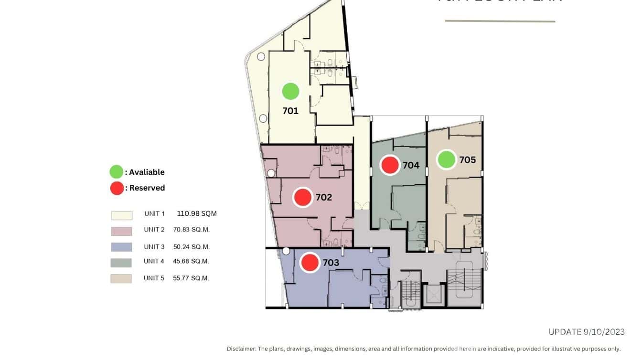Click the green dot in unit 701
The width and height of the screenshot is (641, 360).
tap(290, 91)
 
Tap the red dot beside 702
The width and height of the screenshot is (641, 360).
tap(302, 197)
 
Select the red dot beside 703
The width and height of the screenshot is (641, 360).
tap(310, 262)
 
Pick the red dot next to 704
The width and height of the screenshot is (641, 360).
tap(390, 165)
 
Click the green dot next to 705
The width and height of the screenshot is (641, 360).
tap(447, 159)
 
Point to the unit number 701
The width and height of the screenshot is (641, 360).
tap(290, 111)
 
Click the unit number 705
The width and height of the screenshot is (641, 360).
tap(468, 160)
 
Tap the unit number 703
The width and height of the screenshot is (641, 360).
tap(331, 263)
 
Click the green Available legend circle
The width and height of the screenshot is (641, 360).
tap(116, 172)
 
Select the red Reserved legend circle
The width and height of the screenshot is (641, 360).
tap(117, 188)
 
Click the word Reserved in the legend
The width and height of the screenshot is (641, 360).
tap(147, 188)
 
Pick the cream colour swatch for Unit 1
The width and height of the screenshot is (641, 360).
tap(121, 215)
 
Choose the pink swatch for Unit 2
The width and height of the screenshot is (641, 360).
tap(121, 231)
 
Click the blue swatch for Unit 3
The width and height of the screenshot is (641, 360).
tap(121, 247)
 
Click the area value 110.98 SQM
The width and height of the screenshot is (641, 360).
tap(197, 213)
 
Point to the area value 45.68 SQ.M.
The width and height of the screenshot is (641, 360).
tap(191, 261)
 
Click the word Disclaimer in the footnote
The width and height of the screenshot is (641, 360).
tap(241, 349)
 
